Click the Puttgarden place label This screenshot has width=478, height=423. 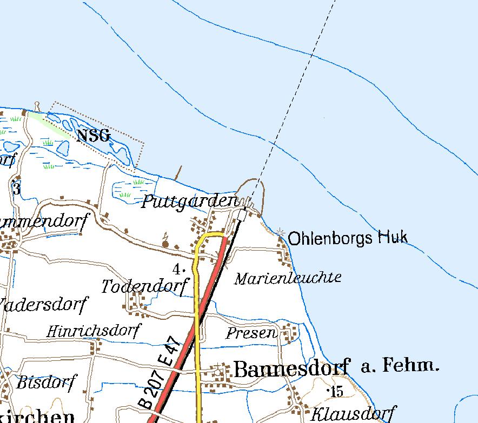190,202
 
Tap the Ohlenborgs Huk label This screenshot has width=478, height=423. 348,238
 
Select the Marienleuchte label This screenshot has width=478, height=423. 288,278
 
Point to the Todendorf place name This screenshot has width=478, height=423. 145,286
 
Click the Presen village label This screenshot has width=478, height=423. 251,333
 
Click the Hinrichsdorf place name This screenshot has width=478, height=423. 93,331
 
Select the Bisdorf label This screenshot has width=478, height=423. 47,382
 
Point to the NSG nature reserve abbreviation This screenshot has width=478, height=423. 93,135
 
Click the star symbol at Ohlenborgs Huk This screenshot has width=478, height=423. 280,232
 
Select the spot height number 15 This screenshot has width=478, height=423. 336,392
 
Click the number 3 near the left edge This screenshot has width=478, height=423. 16,189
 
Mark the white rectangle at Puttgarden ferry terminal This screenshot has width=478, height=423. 242,216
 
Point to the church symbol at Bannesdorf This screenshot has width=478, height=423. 217,371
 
